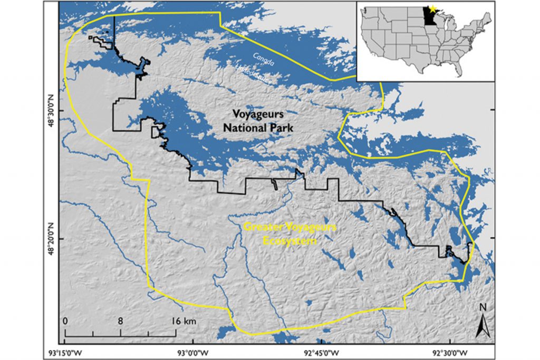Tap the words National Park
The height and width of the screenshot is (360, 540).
258,128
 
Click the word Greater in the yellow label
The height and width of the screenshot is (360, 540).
259,228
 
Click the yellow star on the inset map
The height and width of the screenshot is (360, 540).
432,9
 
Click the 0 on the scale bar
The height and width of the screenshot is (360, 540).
65,321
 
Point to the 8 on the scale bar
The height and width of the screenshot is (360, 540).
120,321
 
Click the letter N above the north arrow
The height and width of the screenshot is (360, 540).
481,307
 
